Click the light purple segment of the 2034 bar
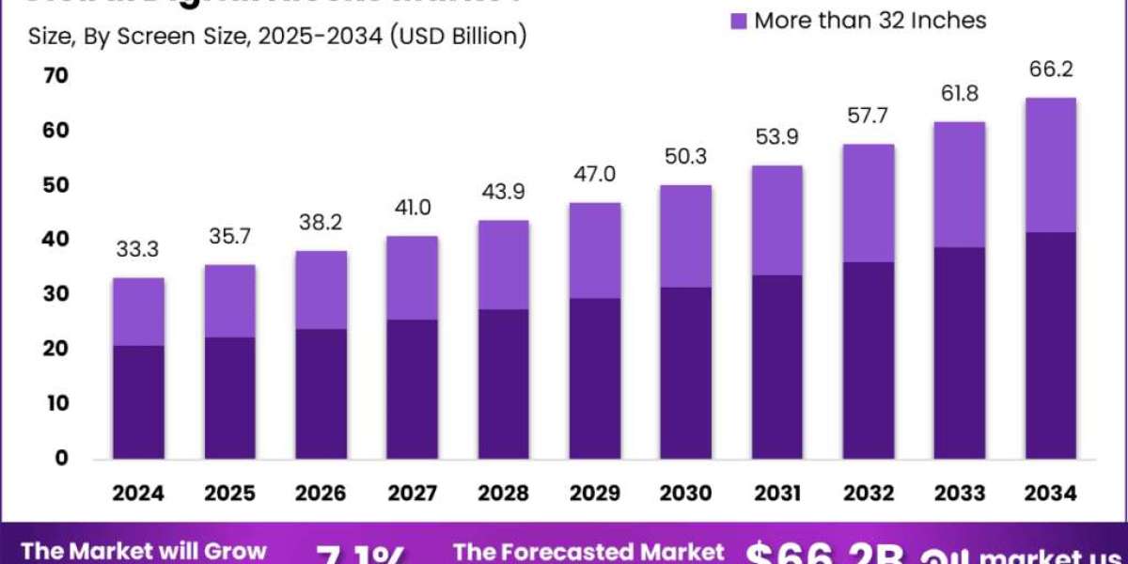[1050, 164]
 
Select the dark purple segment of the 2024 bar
[139, 401]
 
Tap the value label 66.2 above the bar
[1050, 70]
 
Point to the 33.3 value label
[139, 249]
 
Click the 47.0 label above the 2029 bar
[594, 175]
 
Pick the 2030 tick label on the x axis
[685, 493]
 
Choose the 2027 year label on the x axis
[413, 493]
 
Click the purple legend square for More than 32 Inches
[738, 20]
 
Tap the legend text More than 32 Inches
[870, 20]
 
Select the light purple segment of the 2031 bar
[776, 220]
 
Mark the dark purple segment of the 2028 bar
[503, 384]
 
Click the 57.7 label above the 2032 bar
[868, 117]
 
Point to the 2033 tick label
[959, 493]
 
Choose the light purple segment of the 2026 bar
[321, 290]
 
